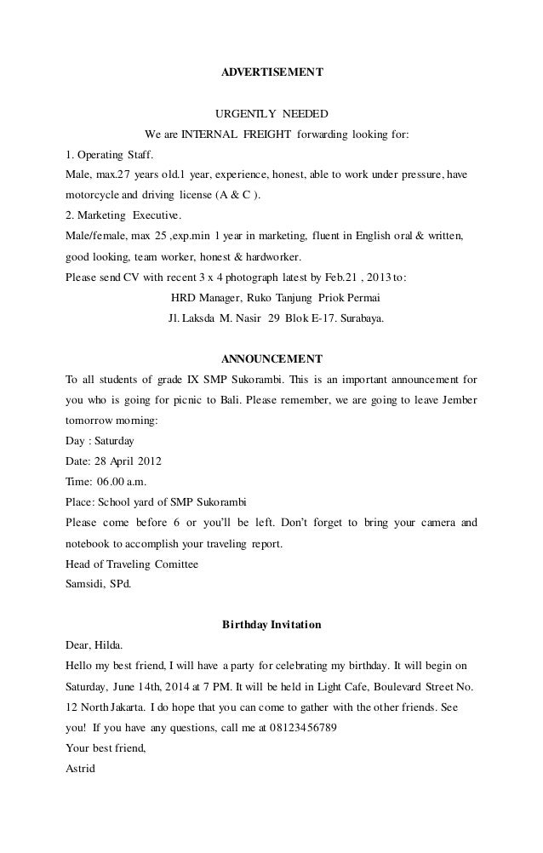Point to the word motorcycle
pyautogui.click(x=94, y=196)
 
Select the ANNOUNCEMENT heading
pyautogui.click(x=271, y=358)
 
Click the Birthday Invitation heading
pyautogui.click(x=271, y=624)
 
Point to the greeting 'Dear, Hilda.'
pyautogui.click(x=94, y=645)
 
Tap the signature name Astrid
pyautogui.click(x=81, y=769)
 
